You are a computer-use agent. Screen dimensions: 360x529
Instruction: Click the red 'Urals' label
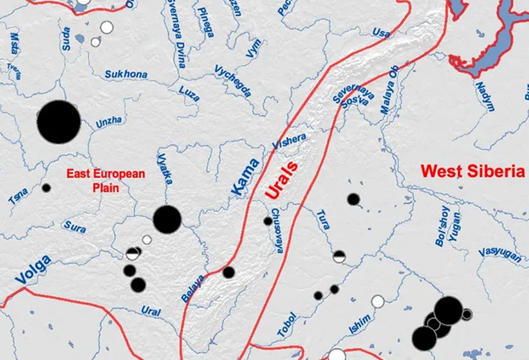click(281, 180)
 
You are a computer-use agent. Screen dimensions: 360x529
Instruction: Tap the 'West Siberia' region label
click(472, 171)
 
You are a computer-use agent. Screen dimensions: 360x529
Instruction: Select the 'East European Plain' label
click(105, 180)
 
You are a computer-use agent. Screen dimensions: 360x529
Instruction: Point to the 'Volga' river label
click(32, 269)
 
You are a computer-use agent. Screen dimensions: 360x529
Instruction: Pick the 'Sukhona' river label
click(126, 74)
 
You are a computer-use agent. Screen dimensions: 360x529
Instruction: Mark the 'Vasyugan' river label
click(499, 252)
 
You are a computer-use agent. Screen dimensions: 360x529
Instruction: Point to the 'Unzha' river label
click(109, 122)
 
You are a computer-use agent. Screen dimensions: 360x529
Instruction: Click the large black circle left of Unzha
click(59, 121)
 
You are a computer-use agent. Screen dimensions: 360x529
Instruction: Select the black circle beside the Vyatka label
click(167, 219)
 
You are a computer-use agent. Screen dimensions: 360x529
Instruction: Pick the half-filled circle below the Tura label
click(339, 256)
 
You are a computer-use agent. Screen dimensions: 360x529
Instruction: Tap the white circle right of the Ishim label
click(377, 302)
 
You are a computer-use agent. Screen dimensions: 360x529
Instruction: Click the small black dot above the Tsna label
click(46, 187)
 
